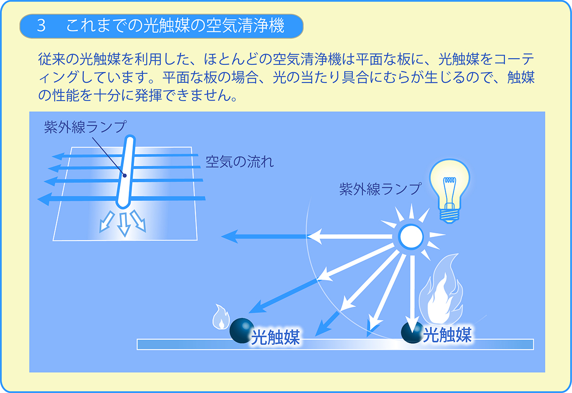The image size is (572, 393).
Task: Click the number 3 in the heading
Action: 41,26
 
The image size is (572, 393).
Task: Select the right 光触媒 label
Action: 447,335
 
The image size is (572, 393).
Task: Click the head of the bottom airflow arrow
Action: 44,198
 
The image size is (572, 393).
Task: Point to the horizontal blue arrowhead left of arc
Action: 230,236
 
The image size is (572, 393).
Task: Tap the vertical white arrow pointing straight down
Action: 411,295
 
